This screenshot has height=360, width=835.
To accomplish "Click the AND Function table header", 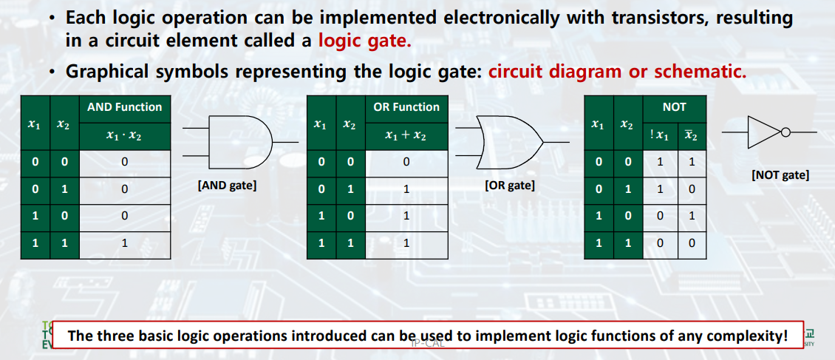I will click(124, 107).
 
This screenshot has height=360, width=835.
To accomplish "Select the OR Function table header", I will click(406, 107).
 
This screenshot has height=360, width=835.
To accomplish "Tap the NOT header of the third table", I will click(674, 107).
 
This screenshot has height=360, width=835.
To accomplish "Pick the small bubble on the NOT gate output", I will click(785, 133).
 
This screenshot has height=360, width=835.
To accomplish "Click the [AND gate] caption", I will click(227, 186).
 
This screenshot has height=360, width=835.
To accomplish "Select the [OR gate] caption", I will click(510, 186).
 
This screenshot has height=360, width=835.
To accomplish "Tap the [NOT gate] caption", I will click(780, 175).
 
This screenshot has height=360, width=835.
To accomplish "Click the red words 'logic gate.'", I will click(364, 41).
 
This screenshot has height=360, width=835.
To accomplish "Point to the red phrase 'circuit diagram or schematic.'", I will click(618, 72).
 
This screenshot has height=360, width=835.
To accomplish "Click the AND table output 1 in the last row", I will click(124, 242).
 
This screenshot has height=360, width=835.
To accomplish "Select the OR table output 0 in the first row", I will click(406, 161).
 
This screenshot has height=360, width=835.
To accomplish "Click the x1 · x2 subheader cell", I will click(124, 135).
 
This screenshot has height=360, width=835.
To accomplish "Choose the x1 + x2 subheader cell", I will click(406, 135).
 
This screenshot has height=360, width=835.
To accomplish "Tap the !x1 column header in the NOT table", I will click(661, 135).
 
